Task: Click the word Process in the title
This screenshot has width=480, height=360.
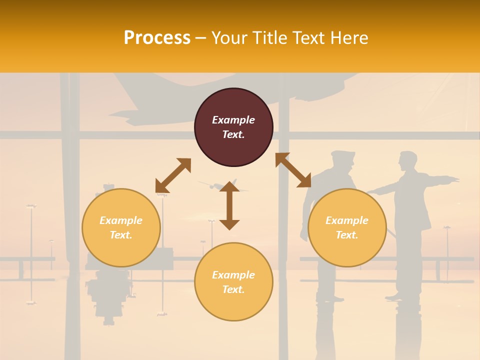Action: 157,38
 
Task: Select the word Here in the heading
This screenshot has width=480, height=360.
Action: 348,38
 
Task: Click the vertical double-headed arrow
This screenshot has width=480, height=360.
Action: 229,205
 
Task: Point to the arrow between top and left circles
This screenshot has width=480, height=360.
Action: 173,175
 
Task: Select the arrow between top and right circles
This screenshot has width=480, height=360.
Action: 293,170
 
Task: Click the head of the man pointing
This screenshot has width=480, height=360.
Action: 407,161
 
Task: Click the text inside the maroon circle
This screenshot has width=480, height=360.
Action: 233,127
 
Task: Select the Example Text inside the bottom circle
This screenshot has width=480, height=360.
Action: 233,282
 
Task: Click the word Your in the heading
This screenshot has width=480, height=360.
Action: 229,38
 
